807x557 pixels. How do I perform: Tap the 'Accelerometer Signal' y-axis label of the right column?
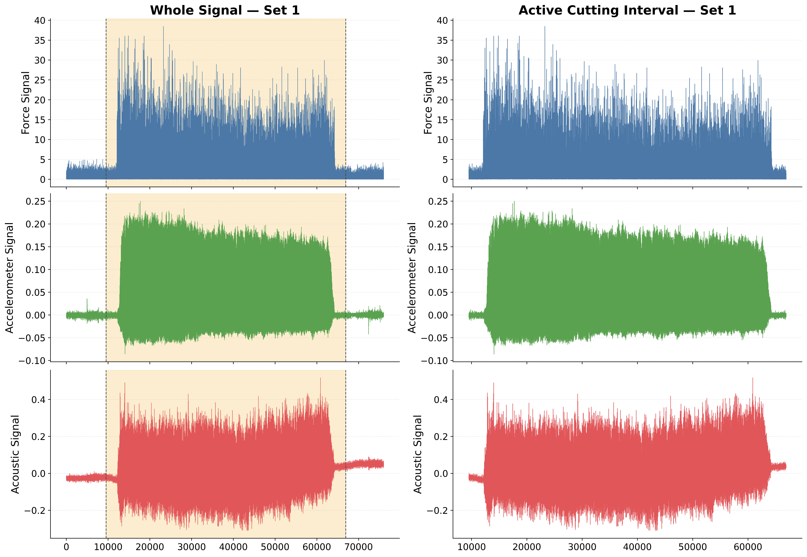pyautogui.click(x=412, y=278)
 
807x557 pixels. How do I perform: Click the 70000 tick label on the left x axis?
pyautogui.click(x=359, y=547)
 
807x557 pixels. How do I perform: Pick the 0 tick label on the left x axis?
pyautogui.click(x=66, y=547)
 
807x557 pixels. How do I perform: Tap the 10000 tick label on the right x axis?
pyautogui.click(x=472, y=547)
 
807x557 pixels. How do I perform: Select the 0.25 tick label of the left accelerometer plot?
pyautogui.click(x=36, y=201)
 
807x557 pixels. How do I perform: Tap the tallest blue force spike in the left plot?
pyautogui.click(x=163, y=27)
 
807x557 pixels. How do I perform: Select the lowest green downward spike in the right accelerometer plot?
pyautogui.click(x=494, y=354)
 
